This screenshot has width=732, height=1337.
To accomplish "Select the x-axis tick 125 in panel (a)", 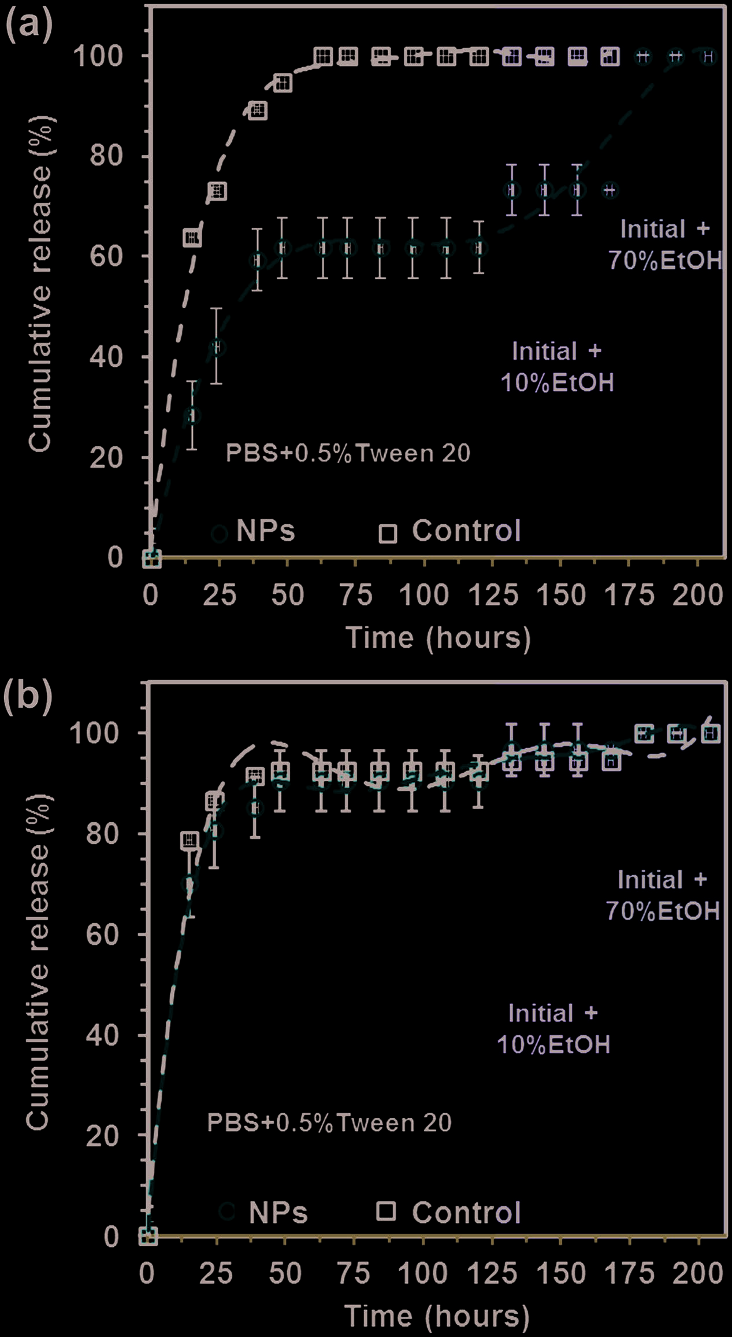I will pyautogui.click(x=493, y=595).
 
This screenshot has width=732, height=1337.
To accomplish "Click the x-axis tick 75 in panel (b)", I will pyautogui.click(x=353, y=1273).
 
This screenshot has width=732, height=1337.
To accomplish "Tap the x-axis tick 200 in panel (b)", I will pyautogui.click(x=697, y=1273).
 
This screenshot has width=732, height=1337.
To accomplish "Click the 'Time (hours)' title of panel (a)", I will pyautogui.click(x=438, y=638).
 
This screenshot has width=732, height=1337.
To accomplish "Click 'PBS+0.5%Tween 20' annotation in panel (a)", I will pyautogui.click(x=348, y=453).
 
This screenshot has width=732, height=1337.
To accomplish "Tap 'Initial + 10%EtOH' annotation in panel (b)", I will pyautogui.click(x=553, y=1029).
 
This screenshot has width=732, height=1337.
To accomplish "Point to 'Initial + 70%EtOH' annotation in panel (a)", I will pyautogui.click(x=664, y=245).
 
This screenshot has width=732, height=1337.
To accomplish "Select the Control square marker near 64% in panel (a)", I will pyautogui.click(x=192, y=237).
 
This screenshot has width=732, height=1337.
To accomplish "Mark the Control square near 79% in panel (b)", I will pyautogui.click(x=190, y=840).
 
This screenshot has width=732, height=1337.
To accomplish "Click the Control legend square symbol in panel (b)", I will pyautogui.click(x=386, y=1212).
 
